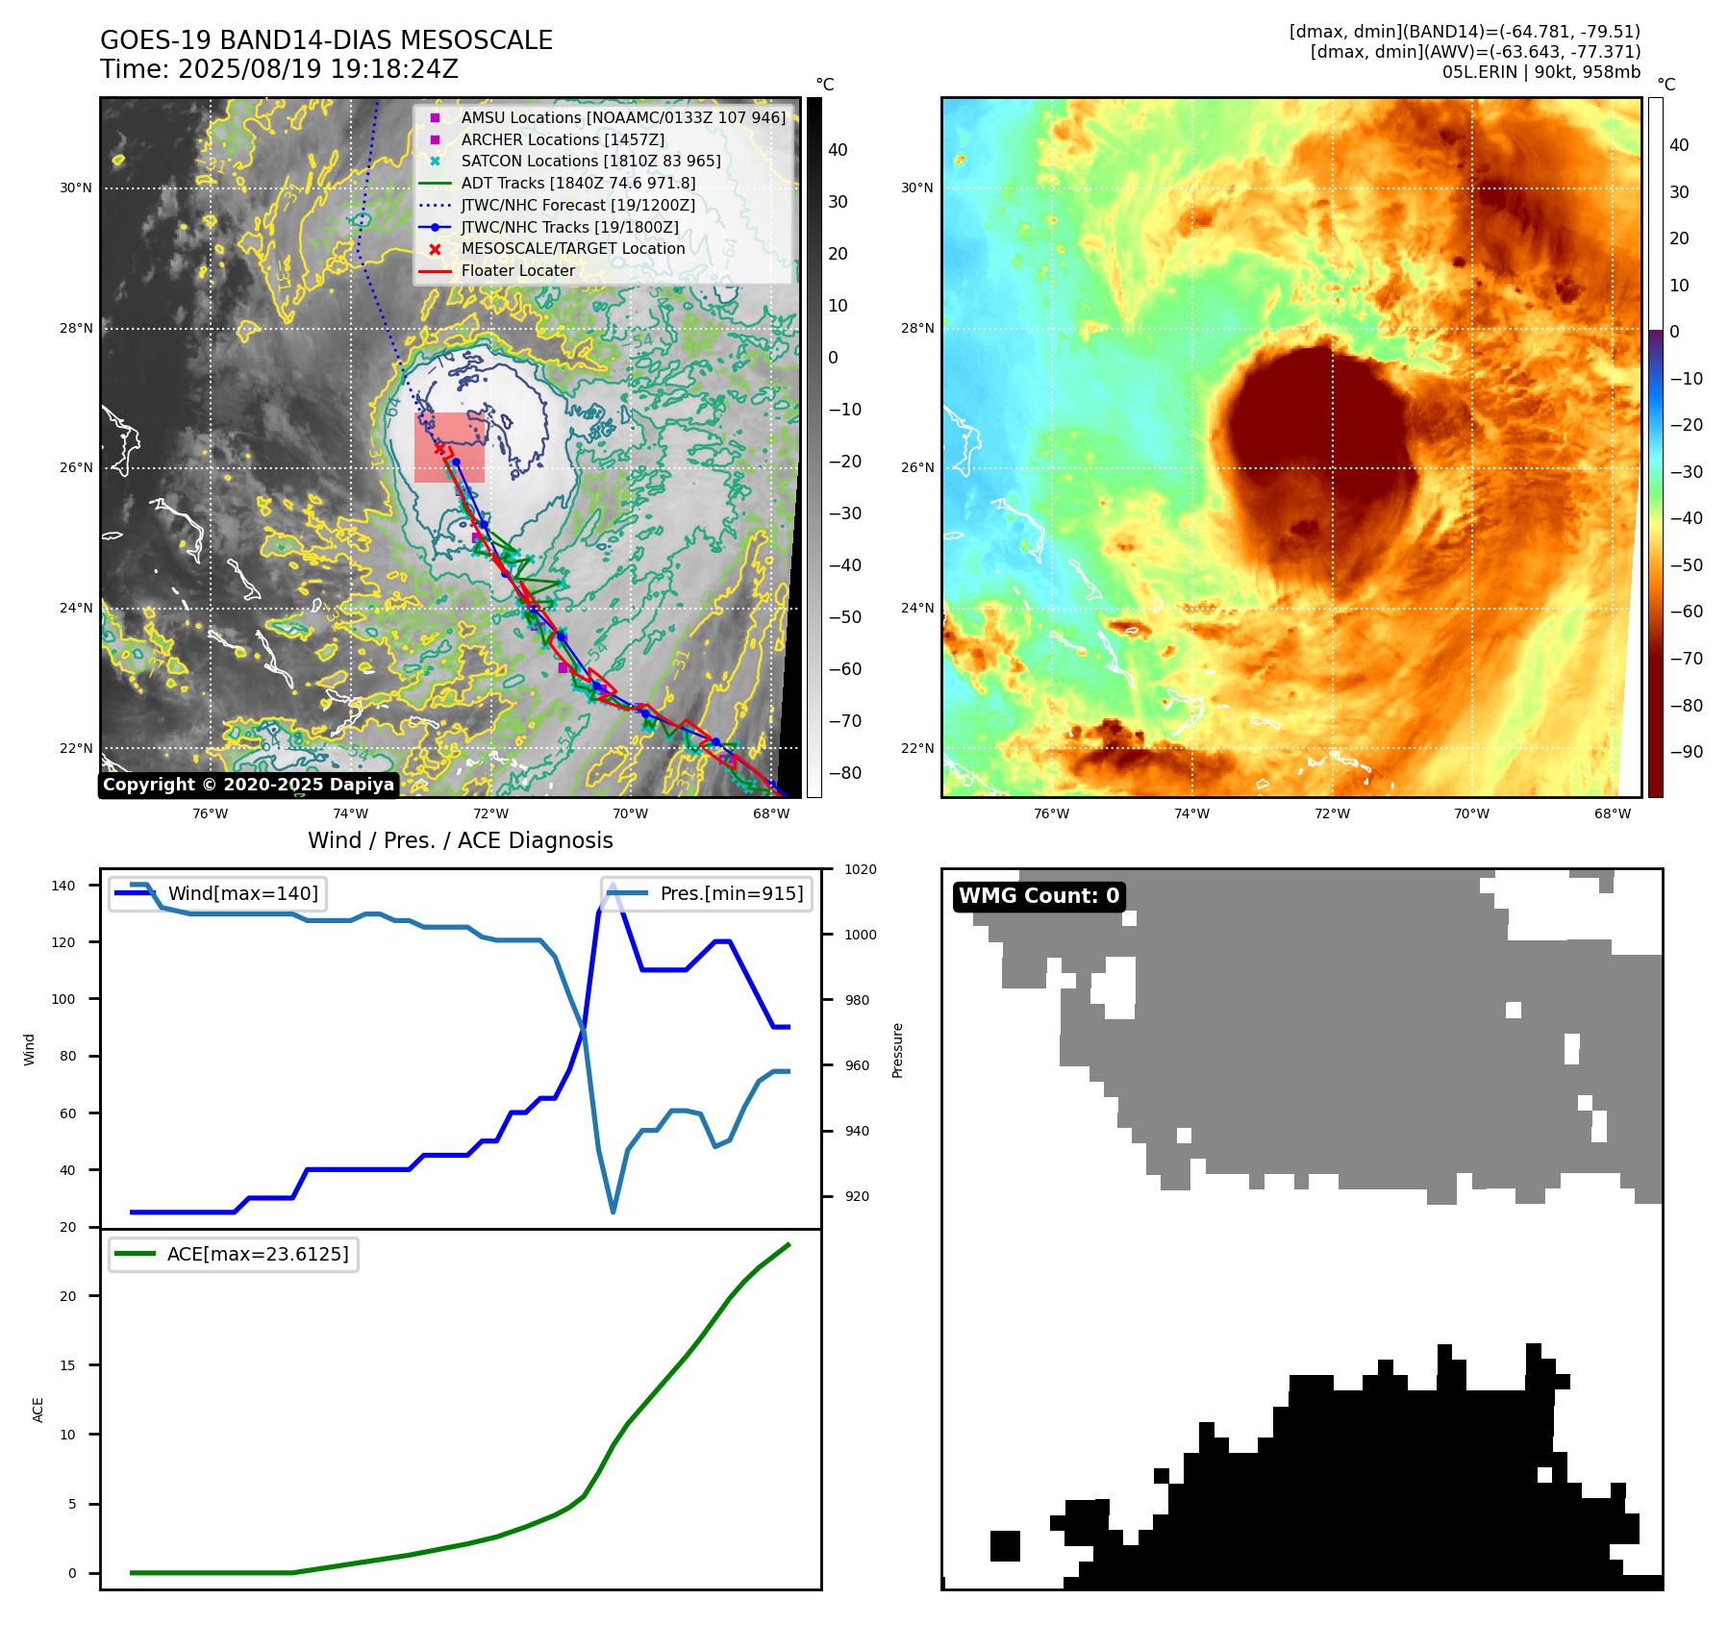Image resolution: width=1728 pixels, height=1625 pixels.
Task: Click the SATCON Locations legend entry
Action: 590,162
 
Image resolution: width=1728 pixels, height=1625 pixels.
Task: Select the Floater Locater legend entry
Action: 517,271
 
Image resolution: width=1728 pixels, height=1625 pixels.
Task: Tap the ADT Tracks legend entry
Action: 578,184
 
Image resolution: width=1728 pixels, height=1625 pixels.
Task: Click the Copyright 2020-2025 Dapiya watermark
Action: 248,785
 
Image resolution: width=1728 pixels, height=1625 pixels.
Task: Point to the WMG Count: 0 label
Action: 1039,896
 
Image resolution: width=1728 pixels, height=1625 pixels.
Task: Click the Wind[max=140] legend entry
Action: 242,893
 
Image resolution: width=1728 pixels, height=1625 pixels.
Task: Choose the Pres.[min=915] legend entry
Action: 731,893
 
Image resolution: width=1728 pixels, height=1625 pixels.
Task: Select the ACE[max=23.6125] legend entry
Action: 257,1254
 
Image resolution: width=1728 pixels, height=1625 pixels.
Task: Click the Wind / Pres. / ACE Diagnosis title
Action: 460,840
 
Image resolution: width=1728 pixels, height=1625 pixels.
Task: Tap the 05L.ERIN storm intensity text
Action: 1540,72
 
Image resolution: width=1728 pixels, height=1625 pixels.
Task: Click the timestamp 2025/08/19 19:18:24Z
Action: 317,70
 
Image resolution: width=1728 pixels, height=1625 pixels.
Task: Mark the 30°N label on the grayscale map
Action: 76,188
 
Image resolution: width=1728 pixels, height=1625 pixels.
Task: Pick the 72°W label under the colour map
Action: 1332,813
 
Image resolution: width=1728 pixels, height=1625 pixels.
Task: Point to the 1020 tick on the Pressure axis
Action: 860,870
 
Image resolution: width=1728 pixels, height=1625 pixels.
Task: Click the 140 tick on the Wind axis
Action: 63,886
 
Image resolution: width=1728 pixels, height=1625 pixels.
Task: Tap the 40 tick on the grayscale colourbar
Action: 838,150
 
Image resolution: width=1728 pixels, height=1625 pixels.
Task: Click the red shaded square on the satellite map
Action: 449,448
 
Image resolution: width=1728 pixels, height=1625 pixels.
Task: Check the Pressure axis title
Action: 897,1050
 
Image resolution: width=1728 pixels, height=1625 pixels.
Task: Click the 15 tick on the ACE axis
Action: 67,1365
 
